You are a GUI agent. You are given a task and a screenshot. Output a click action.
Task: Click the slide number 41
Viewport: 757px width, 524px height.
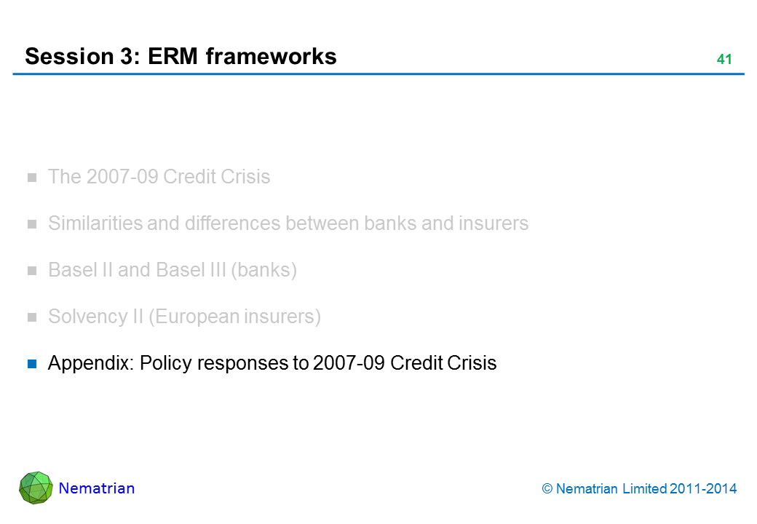(x=724, y=60)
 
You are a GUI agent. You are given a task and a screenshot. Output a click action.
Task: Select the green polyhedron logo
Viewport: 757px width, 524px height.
(x=36, y=488)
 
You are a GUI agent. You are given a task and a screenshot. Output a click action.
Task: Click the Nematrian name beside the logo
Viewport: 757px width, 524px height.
(x=96, y=488)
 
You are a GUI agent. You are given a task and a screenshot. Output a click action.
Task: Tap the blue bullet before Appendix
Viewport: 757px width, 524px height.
(x=32, y=363)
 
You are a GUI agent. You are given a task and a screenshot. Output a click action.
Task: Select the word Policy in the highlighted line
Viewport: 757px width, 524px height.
(x=162, y=363)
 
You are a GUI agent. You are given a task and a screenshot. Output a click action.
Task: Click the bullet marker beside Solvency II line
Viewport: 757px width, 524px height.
(x=32, y=317)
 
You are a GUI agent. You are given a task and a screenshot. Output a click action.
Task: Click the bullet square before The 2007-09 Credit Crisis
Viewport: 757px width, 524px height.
(x=32, y=177)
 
